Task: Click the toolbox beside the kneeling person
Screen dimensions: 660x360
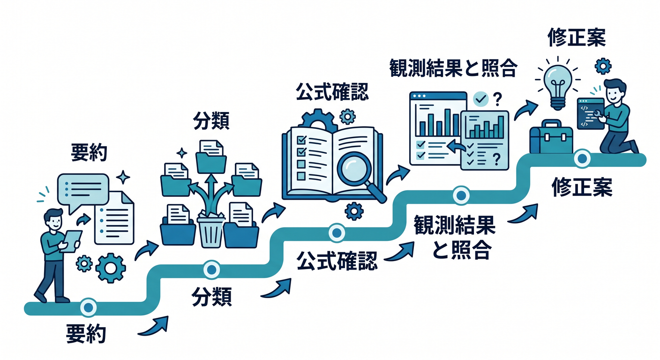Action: (551, 137)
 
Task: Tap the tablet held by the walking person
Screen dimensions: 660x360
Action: (71, 241)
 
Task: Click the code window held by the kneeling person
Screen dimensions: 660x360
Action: (591, 114)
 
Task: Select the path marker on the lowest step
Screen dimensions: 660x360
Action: (89, 307)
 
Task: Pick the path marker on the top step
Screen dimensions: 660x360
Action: (582, 159)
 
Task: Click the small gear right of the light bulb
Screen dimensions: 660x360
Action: (603, 66)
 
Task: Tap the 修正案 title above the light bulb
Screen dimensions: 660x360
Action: (577, 37)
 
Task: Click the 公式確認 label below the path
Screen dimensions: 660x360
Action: (337, 261)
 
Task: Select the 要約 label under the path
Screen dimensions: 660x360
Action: (86, 333)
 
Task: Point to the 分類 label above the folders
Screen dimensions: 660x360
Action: (211, 121)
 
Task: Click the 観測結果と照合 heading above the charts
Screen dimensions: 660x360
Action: (453, 68)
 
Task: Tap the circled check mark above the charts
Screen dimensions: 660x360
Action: (481, 99)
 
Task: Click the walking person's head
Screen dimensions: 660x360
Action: (53, 218)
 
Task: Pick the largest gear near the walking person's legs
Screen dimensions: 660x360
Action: (111, 268)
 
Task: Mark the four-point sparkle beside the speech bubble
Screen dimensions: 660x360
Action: (123, 177)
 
